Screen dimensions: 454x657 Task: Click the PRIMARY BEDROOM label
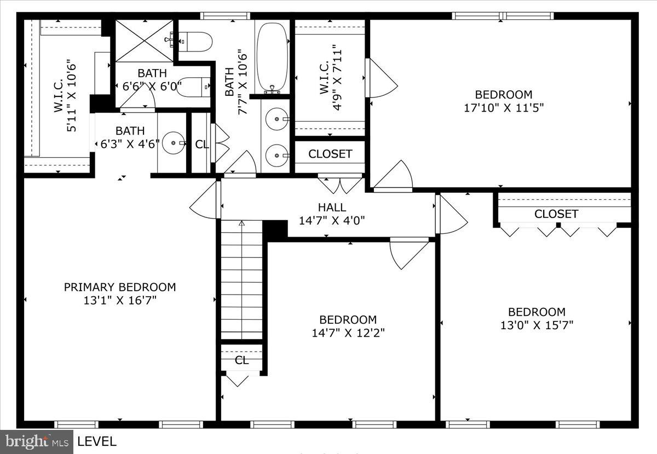(120, 287)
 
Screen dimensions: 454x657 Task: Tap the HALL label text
(332, 208)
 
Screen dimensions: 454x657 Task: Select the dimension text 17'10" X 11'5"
(503, 107)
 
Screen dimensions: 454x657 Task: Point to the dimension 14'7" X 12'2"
(348, 332)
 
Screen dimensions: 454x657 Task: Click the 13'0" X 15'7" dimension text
(537, 325)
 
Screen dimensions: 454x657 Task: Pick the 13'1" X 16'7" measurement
(120, 300)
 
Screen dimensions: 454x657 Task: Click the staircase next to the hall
(241, 279)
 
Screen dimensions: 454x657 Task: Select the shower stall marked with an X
(144, 41)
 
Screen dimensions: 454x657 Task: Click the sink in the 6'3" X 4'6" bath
(174, 143)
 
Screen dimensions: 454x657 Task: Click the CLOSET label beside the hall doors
(330, 154)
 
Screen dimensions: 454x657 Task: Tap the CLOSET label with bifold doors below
(556, 214)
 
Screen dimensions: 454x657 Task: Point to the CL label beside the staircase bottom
(241, 360)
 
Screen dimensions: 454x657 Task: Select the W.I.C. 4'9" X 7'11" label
(330, 78)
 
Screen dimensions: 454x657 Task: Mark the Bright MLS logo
(37, 441)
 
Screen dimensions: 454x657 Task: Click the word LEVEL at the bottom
(97, 441)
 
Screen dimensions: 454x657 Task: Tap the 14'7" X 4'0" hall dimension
(332, 221)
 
